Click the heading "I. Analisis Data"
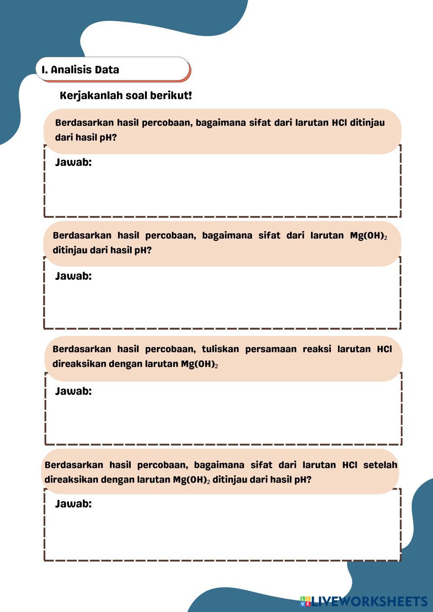[x=81, y=70]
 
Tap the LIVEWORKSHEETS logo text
[x=369, y=601]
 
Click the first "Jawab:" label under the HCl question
[x=73, y=163]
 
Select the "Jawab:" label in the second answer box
[x=73, y=276]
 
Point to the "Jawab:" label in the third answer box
[x=73, y=391]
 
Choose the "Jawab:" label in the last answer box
[x=73, y=504]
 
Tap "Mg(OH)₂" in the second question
[x=368, y=236]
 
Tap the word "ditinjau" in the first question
[x=367, y=122]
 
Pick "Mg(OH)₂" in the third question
[x=199, y=364]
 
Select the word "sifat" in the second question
[x=269, y=236]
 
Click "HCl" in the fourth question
[x=350, y=465]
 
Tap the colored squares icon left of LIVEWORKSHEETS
[x=306, y=601]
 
